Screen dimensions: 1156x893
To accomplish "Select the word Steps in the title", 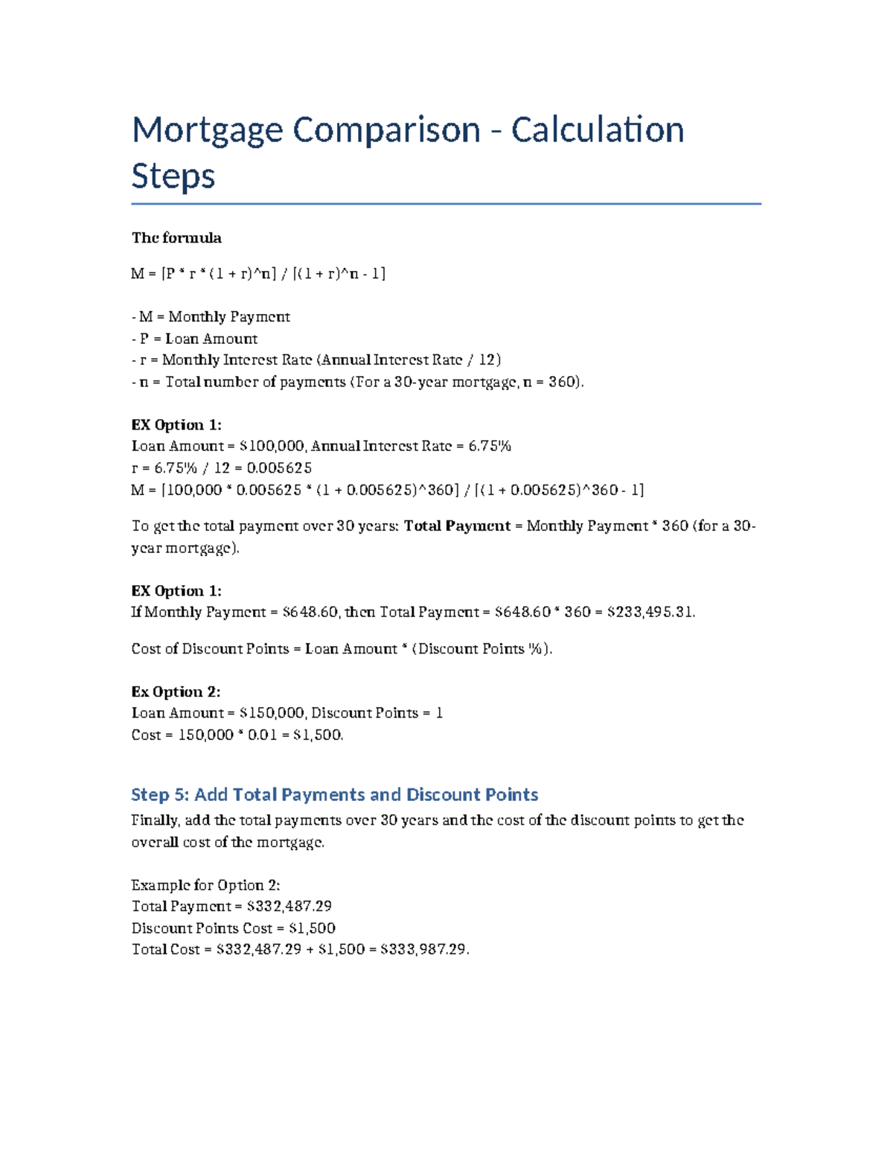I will click(173, 176).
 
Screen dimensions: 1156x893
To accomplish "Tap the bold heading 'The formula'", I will click(176, 238).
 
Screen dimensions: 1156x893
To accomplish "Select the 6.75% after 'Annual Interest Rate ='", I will click(490, 447).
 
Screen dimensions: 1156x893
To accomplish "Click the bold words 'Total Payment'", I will click(457, 526).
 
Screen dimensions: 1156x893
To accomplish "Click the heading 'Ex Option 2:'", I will click(176, 692).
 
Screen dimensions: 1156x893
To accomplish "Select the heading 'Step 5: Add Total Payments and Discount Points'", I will click(334, 795).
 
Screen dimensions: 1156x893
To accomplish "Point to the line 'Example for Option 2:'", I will click(205, 885).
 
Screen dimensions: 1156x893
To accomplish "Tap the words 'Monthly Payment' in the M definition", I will click(229, 317).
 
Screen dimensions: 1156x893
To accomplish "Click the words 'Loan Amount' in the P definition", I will click(211, 339).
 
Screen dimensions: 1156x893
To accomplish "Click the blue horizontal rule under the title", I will click(446, 203).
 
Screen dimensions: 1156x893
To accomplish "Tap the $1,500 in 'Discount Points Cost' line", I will click(312, 928).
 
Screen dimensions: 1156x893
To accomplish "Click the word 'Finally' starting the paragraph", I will click(155, 820).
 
